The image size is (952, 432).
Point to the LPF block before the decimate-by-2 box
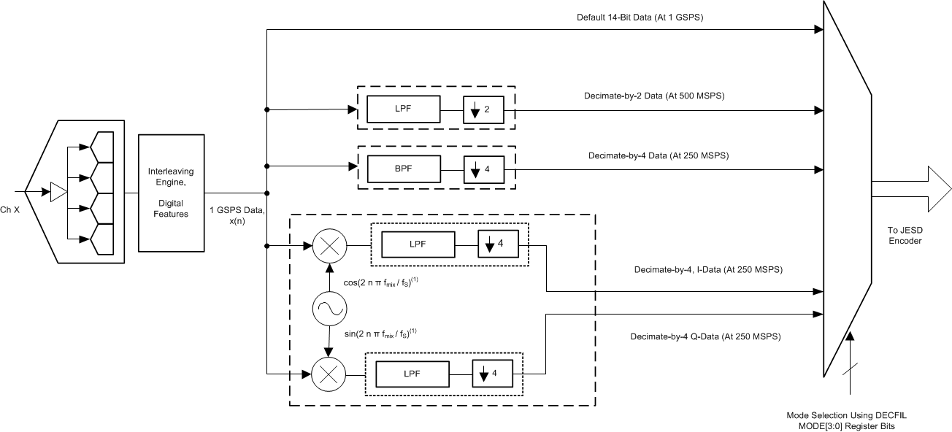tap(403, 110)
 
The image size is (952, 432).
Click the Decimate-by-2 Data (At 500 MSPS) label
tap(644, 96)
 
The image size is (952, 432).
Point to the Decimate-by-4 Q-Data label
tap(705, 337)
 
